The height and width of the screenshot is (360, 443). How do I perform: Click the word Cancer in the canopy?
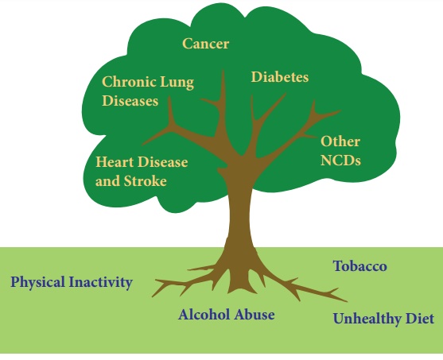(205, 44)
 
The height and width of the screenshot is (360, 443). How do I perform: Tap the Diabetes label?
(280, 77)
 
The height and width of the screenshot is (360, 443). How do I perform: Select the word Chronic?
(129, 82)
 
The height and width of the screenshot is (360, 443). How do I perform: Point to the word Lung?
(177, 83)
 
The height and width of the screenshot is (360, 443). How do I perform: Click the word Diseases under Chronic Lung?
(130, 101)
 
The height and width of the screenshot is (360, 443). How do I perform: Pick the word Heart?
(115, 162)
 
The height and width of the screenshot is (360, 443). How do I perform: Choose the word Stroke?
(146, 181)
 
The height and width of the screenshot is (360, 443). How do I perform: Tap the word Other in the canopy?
(340, 141)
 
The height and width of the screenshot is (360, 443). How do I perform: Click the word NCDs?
(340, 161)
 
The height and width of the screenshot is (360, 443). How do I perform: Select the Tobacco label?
(360, 266)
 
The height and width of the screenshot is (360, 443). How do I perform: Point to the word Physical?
(37, 282)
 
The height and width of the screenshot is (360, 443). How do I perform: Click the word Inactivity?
(101, 282)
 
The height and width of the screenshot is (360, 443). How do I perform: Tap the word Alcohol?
(204, 315)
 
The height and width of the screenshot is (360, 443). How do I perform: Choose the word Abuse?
(255, 315)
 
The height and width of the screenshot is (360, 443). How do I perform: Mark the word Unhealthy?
(367, 319)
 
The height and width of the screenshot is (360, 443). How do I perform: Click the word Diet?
(420, 319)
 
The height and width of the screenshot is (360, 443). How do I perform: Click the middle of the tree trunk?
(239, 215)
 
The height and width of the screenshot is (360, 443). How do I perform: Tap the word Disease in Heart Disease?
(163, 162)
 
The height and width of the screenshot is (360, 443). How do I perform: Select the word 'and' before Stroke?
(108, 181)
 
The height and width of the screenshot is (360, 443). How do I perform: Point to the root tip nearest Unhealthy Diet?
(347, 301)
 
